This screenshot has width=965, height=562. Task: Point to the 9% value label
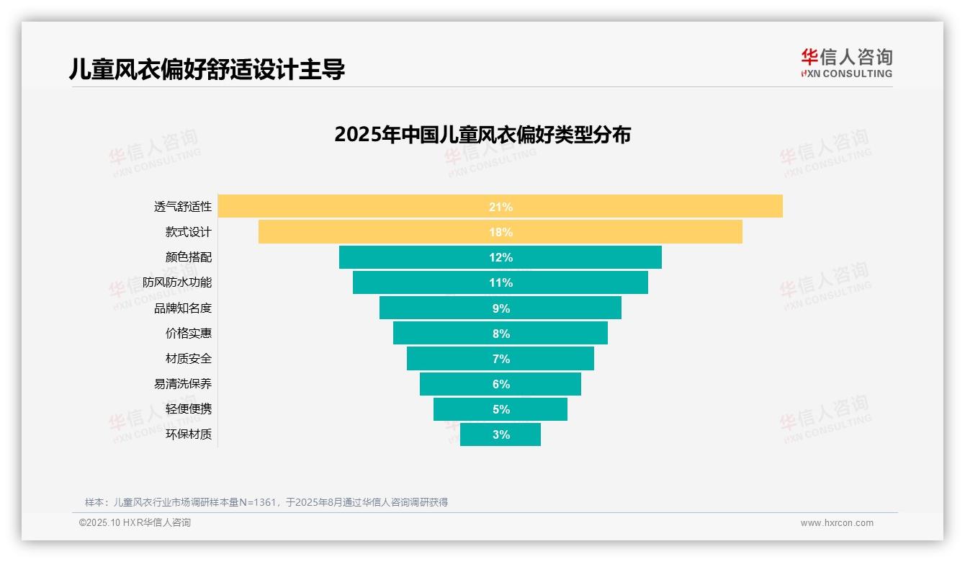point(501,308)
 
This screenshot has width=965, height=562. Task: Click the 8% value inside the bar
point(501,334)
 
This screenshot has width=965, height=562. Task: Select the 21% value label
point(501,207)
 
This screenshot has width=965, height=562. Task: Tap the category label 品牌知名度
point(183,308)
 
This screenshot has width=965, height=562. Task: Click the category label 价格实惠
point(189,334)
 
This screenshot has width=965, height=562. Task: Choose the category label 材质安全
point(189,359)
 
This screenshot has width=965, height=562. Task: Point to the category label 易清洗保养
point(183,384)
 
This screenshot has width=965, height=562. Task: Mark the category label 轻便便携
point(189,409)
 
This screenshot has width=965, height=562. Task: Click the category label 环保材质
point(189,434)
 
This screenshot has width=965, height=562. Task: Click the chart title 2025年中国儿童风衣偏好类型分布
point(482,135)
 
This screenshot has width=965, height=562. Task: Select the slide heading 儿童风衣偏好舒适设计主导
point(207,69)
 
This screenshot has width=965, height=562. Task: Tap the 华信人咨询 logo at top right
point(846,63)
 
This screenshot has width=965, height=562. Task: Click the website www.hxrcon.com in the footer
point(837,523)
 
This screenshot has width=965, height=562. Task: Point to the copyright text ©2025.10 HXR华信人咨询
point(135,523)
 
